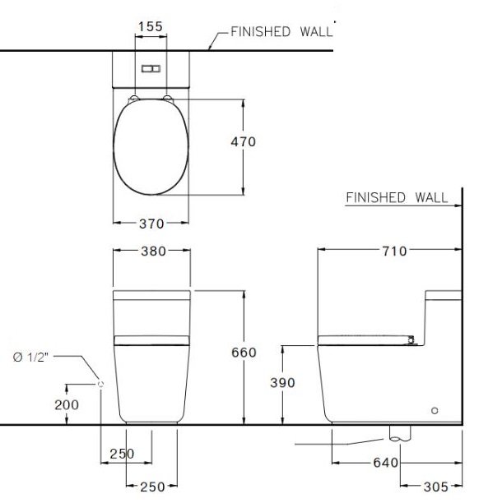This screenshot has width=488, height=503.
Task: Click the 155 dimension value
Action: coord(150,26)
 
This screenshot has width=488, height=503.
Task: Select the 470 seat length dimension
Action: coord(242,141)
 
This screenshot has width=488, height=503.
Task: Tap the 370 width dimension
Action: coord(151,223)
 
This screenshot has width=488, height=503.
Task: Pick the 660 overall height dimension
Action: coord(243,353)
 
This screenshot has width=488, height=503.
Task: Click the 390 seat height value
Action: coord(282,383)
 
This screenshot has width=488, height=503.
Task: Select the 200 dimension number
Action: coord(68,404)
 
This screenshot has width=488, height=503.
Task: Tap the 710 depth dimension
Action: coord(393,251)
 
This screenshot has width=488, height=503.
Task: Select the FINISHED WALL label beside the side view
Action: coord(397,197)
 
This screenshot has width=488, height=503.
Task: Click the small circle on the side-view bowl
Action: coord(435,409)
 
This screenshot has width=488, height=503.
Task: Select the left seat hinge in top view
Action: coord(132,99)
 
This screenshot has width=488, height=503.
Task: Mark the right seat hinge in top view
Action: coord(170,99)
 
